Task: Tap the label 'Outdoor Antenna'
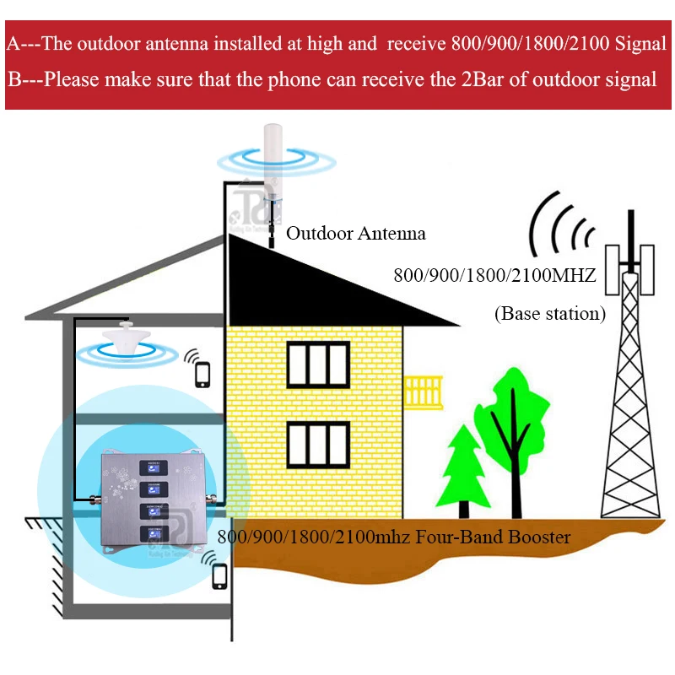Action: click(355, 234)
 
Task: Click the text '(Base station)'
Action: click(549, 315)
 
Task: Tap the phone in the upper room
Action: click(202, 372)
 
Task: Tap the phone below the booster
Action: click(220, 575)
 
